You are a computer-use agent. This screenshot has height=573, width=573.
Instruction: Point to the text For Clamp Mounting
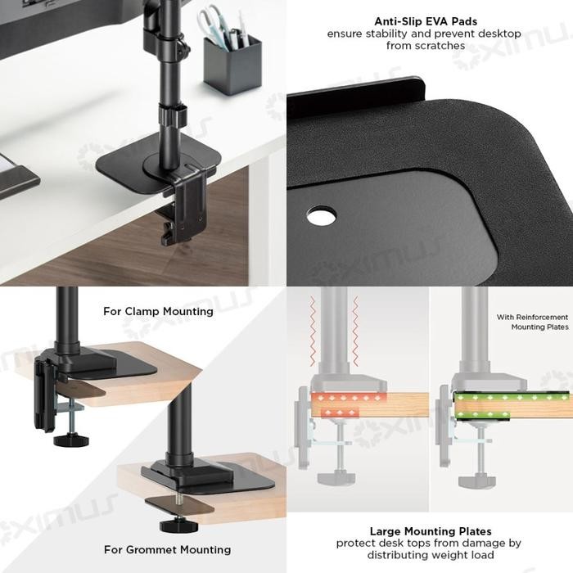158,311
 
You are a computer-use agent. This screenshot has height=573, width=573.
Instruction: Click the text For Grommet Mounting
167,549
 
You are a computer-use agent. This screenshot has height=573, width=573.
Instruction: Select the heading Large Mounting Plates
428,530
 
